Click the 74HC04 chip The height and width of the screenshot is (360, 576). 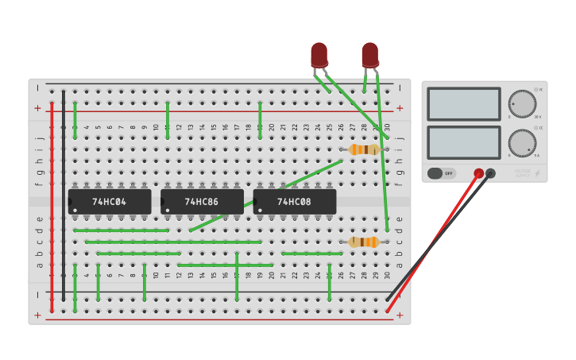(109, 202)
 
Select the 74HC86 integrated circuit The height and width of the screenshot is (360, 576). (202, 202)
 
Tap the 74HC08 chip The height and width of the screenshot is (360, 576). (294, 202)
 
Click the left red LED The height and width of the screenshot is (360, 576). (319, 55)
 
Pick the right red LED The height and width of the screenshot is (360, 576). (369, 55)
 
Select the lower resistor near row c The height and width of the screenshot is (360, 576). (364, 242)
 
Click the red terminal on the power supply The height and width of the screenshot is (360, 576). (478, 173)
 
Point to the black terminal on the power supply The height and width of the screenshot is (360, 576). (490, 173)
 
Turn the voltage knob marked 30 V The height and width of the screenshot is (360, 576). (522, 104)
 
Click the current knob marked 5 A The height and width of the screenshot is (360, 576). (522, 143)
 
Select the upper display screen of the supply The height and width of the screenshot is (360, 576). (464, 104)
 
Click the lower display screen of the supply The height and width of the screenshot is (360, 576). (464, 142)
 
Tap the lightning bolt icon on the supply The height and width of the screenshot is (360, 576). (538, 173)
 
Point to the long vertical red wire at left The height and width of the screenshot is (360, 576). (52, 207)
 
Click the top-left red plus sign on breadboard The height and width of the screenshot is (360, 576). (37, 108)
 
